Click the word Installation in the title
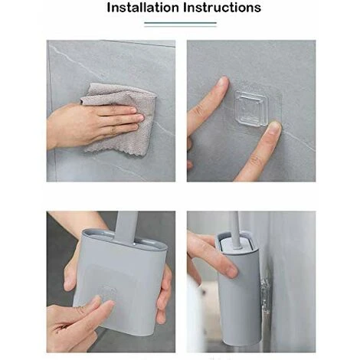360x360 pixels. [x=143, y=8]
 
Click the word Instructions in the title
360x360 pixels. [x=222, y=8]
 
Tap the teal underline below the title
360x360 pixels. [x=180, y=23]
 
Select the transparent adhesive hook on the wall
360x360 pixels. [x=251, y=109]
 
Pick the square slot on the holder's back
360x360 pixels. [x=108, y=293]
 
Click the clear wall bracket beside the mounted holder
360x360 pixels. [x=265, y=293]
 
